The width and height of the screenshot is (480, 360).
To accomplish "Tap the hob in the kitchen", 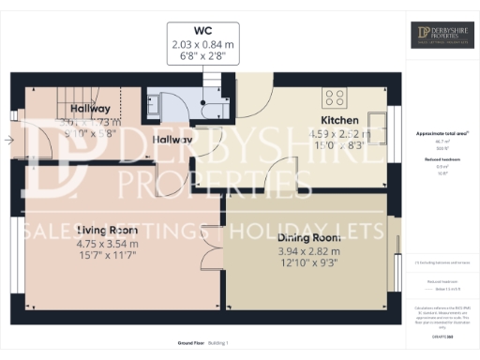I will (x=336, y=97).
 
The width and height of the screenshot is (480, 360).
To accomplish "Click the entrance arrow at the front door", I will (x=8, y=142).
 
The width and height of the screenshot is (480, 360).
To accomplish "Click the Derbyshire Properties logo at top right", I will (x=443, y=36).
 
